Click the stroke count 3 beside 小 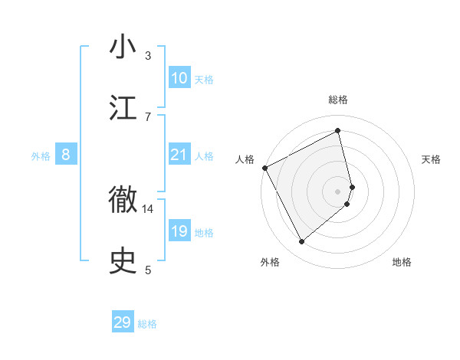[x=148, y=55]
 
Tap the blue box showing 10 [x=179, y=78]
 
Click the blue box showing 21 [x=179, y=155]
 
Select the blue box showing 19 [x=179, y=231]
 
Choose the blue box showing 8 [x=66, y=155]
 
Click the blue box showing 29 [x=123, y=322]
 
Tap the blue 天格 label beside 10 [x=204, y=79]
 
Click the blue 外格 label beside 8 [x=41, y=155]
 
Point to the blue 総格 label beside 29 [x=147, y=324]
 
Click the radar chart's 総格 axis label [x=338, y=100]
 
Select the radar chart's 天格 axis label [x=432, y=159]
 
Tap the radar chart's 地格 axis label [x=402, y=262]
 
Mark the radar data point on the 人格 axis [x=264, y=168]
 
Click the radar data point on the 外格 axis [x=301, y=242]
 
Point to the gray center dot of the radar [x=338, y=191]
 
